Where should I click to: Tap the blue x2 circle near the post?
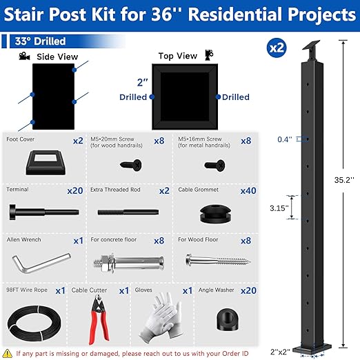[x=277, y=48]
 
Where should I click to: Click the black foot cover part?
[x=43, y=163]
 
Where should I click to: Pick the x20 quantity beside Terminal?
[x=74, y=190]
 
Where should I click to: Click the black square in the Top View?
[x=182, y=97]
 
